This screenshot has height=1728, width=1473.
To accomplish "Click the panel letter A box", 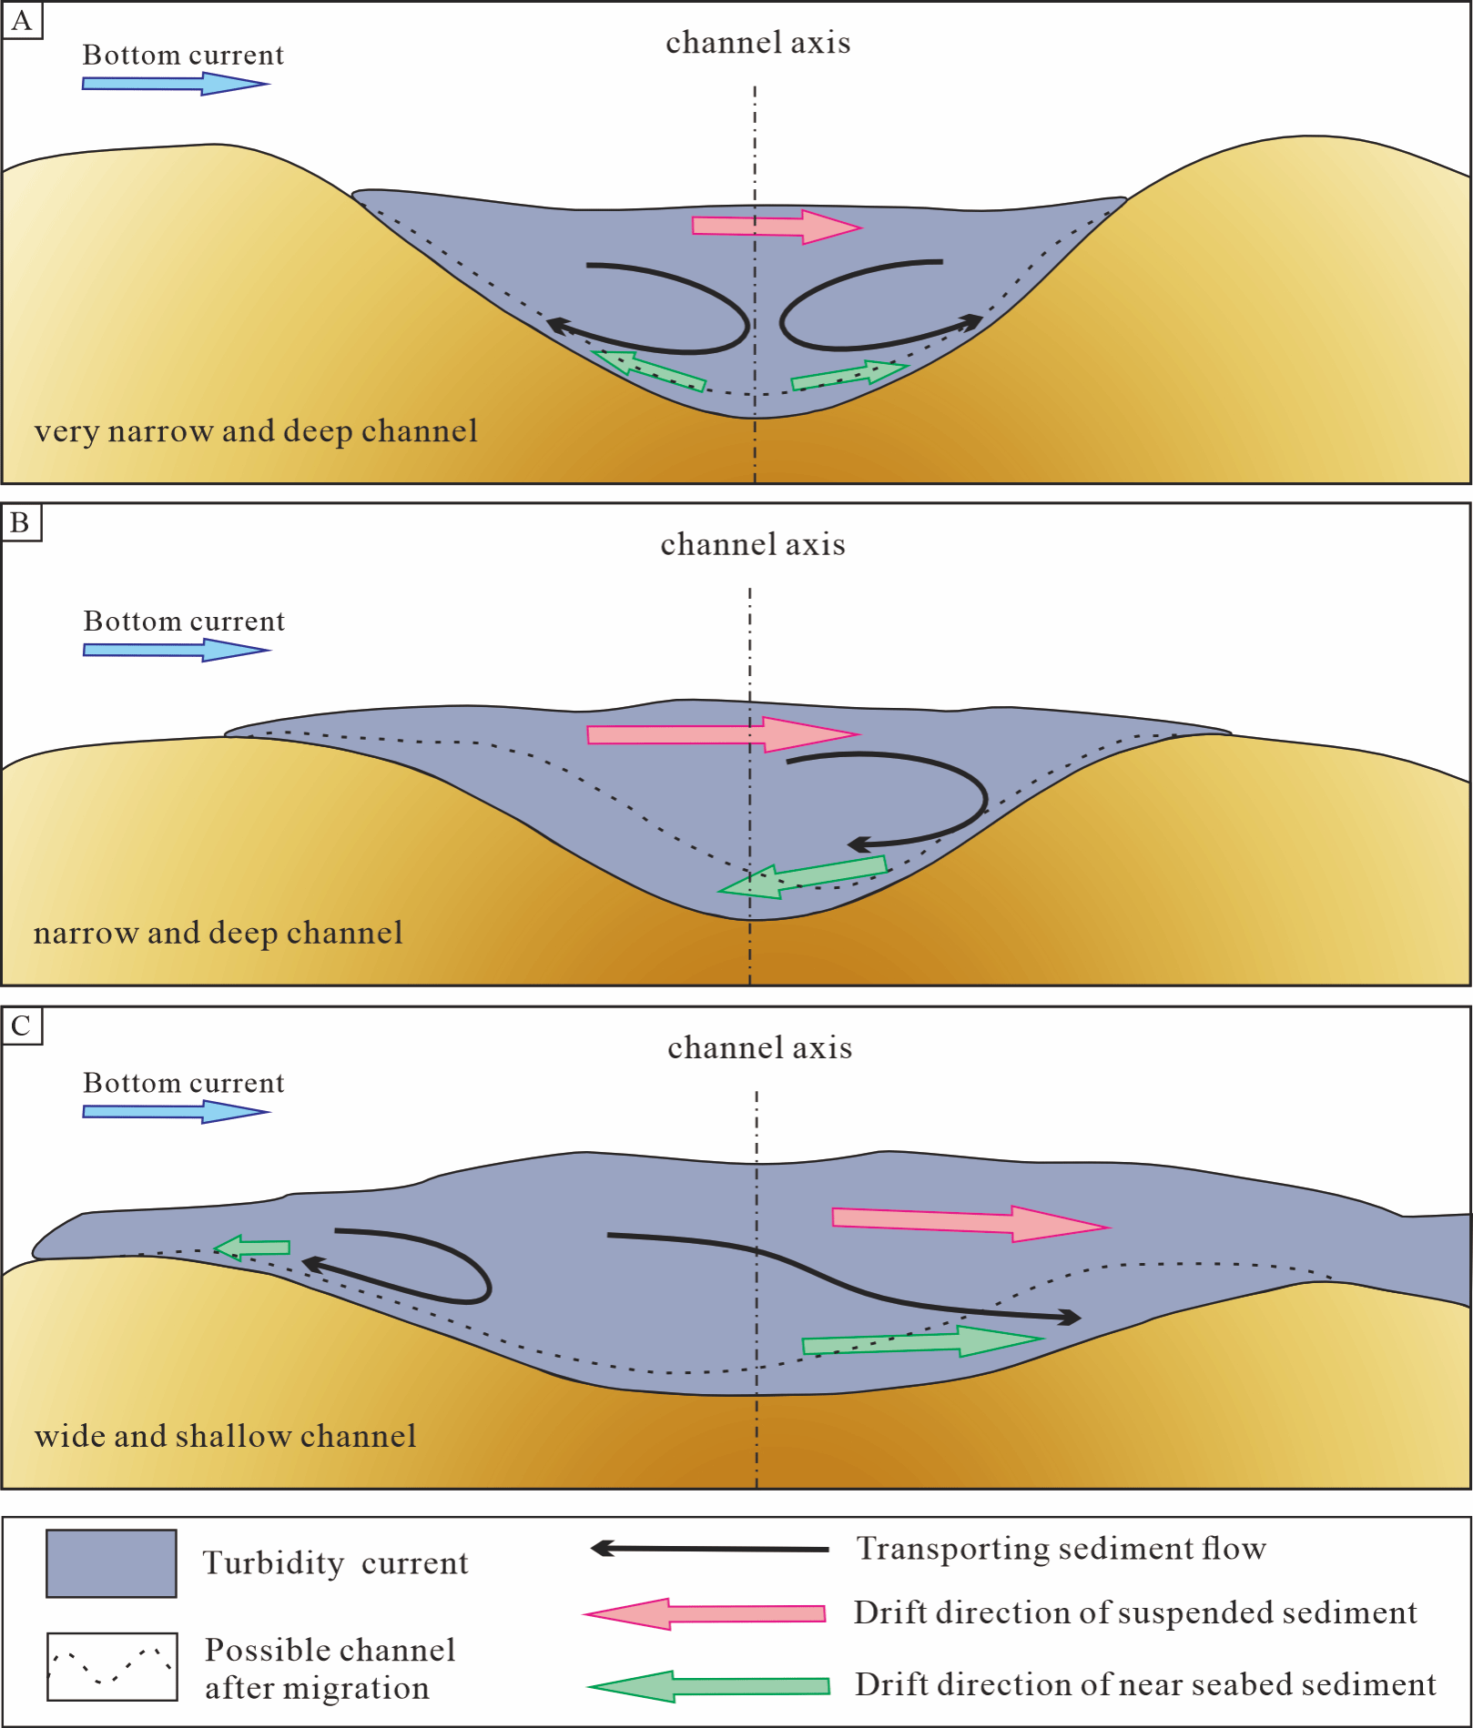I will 22,21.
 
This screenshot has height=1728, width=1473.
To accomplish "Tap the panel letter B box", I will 21,523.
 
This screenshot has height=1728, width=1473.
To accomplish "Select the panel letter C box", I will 22,1026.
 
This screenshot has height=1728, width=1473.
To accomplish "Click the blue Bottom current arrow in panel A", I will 175,84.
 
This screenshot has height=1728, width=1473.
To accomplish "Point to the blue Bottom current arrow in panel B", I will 176,650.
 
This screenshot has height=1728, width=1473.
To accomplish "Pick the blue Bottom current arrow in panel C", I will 176,1111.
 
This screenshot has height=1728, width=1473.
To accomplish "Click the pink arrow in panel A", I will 776,227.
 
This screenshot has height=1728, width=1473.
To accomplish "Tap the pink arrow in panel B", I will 722,734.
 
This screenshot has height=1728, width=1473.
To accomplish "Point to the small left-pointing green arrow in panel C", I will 252,1247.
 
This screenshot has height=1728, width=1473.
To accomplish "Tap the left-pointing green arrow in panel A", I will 649,369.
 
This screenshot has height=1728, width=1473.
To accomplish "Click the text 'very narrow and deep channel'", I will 256,430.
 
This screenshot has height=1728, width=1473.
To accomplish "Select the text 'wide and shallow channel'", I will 225,1436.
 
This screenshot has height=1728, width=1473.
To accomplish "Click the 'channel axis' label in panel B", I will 753,544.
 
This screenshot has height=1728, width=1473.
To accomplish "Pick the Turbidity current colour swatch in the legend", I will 111,1563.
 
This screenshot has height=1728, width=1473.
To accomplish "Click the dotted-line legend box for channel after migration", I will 112,1666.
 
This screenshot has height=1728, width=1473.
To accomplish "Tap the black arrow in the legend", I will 709,1548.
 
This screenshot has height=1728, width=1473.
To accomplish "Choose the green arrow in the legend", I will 708,1686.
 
